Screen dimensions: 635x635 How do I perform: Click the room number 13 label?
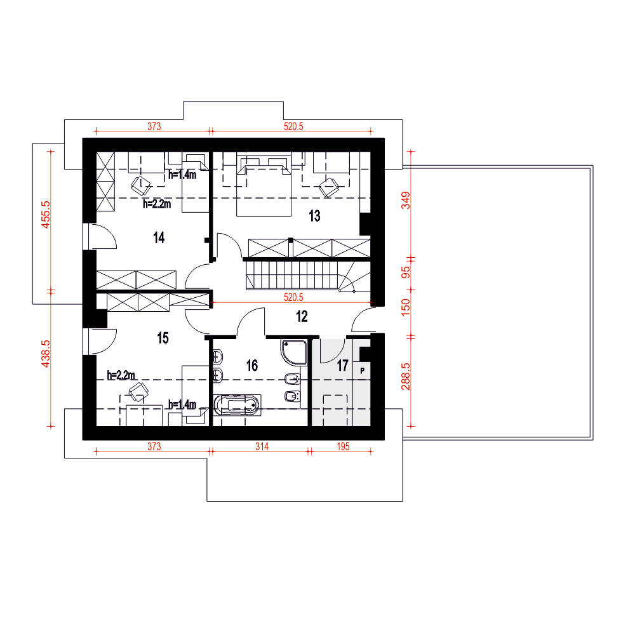click(x=315, y=216)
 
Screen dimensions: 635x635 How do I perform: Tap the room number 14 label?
click(x=159, y=237)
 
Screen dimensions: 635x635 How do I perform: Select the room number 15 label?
click(x=163, y=338)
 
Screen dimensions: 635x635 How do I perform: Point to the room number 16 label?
click(x=252, y=365)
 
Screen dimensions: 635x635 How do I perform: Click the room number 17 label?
click(x=343, y=365)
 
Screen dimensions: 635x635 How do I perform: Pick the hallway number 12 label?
click(x=302, y=316)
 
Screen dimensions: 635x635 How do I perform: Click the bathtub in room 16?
click(x=237, y=405)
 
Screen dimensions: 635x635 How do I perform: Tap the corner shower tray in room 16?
click(x=293, y=352)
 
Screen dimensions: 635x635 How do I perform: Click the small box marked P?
click(x=362, y=370)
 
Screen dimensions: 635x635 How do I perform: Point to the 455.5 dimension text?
click(x=46, y=215)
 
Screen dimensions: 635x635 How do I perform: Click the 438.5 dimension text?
click(x=46, y=354)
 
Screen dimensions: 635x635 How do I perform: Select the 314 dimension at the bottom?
click(x=262, y=446)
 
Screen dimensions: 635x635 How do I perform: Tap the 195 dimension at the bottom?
click(x=343, y=446)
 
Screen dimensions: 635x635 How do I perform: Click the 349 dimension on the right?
click(x=405, y=201)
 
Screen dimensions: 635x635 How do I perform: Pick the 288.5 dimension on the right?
click(x=405, y=377)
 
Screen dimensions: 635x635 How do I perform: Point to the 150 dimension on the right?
click(x=405, y=307)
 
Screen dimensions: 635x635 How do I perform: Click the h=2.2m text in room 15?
click(x=121, y=375)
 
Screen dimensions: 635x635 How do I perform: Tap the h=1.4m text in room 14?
click(x=182, y=175)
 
